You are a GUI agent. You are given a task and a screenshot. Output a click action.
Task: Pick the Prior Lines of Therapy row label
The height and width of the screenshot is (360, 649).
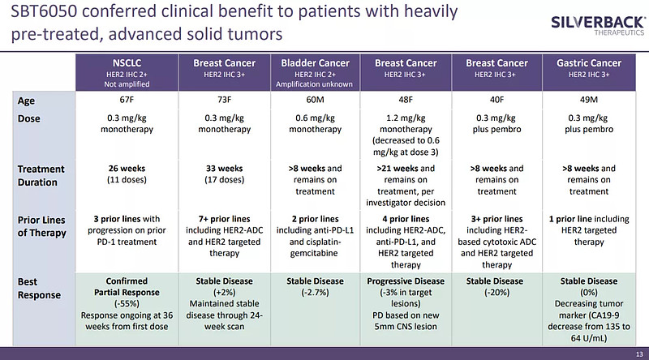click(45, 226)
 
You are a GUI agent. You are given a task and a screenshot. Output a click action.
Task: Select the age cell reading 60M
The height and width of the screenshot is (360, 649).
click(315, 101)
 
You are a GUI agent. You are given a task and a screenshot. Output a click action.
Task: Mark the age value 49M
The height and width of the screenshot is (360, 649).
click(589, 101)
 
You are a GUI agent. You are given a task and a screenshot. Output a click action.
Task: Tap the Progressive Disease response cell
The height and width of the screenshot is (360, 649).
click(406, 299)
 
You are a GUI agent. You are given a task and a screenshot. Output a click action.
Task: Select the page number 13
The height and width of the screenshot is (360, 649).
click(638, 354)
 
